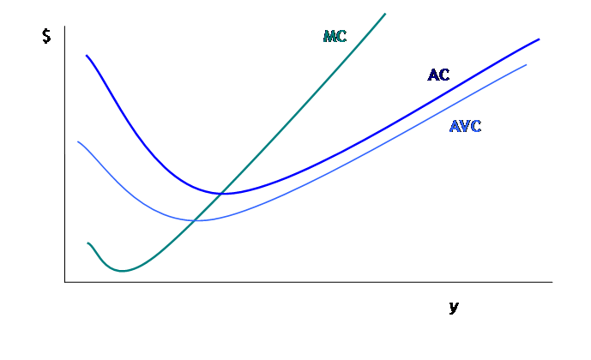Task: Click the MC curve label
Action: click(x=335, y=36)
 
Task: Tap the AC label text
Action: click(x=438, y=75)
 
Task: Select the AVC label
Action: click(x=466, y=127)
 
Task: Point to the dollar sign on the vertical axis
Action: click(x=46, y=37)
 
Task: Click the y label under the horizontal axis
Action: click(x=453, y=306)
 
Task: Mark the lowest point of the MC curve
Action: click(x=123, y=271)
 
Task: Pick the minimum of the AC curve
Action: click(x=225, y=193)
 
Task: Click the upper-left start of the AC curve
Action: click(x=86, y=55)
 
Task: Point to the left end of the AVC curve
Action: click(x=78, y=141)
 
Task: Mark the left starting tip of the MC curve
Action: click(x=87, y=243)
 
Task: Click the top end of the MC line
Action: click(x=385, y=14)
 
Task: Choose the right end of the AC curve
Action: click(x=540, y=39)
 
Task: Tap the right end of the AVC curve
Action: click(x=527, y=64)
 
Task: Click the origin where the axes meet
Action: click(x=64, y=281)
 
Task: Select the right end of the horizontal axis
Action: click(x=552, y=281)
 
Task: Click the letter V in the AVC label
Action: click(x=466, y=127)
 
